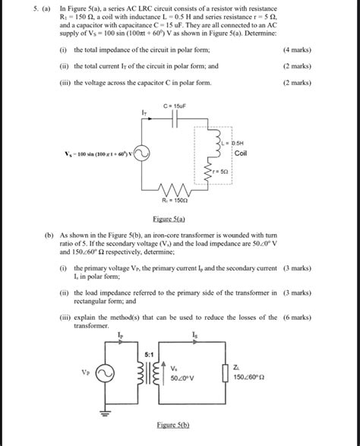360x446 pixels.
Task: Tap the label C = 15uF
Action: pos(175,106)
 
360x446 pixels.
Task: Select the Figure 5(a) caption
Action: pos(180,219)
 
